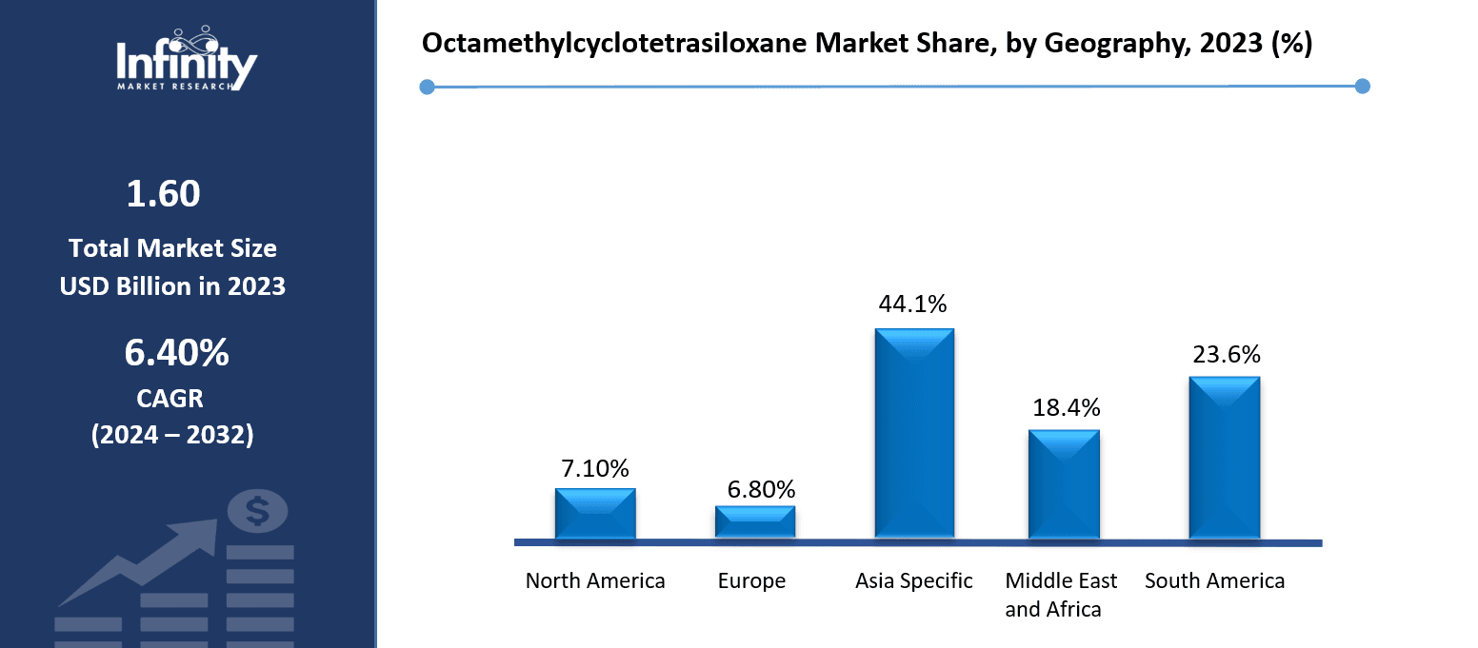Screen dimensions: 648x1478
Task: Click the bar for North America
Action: coord(595,514)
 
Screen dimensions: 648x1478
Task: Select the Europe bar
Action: coord(755,522)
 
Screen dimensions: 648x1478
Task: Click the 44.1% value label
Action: coord(913,304)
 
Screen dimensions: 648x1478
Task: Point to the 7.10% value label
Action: coord(594,468)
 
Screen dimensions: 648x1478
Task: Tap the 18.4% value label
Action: coord(1067,408)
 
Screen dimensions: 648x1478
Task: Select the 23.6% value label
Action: coord(1227,355)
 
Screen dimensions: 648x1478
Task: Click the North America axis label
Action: coord(595,580)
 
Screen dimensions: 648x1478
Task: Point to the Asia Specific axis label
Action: coord(914,580)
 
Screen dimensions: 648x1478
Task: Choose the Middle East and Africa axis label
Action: coord(1061,595)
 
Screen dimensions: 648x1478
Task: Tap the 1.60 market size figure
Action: coord(164,194)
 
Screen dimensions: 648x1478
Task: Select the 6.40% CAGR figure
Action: coord(176,353)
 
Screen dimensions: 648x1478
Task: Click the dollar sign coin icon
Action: coord(257,512)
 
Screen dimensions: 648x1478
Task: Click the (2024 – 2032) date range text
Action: coord(172,435)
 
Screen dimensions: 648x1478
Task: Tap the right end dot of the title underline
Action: coord(1362,86)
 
